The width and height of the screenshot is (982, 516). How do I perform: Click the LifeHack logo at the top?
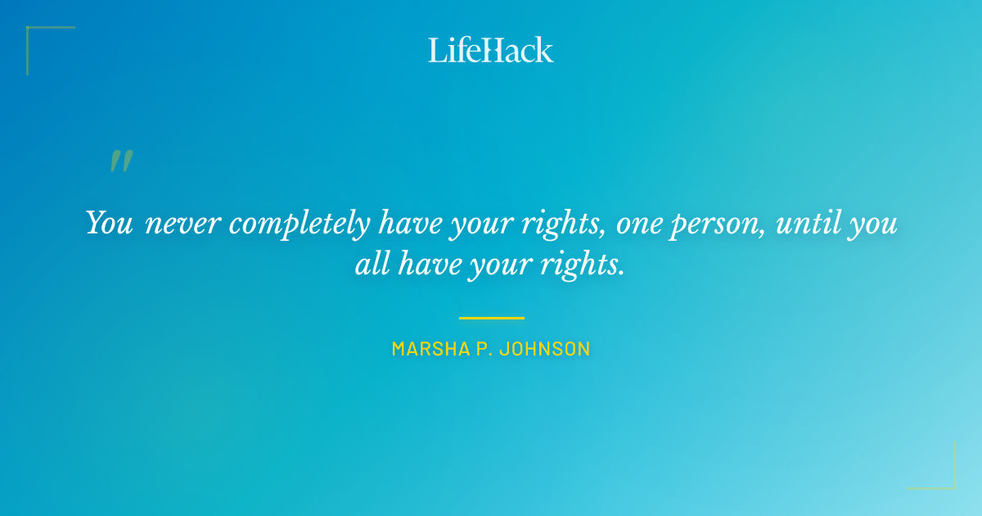491,50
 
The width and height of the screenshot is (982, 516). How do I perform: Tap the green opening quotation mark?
121,161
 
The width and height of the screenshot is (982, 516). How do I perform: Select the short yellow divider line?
491,318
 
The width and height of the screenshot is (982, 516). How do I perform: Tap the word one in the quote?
639,224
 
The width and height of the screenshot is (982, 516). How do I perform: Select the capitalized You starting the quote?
109,223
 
